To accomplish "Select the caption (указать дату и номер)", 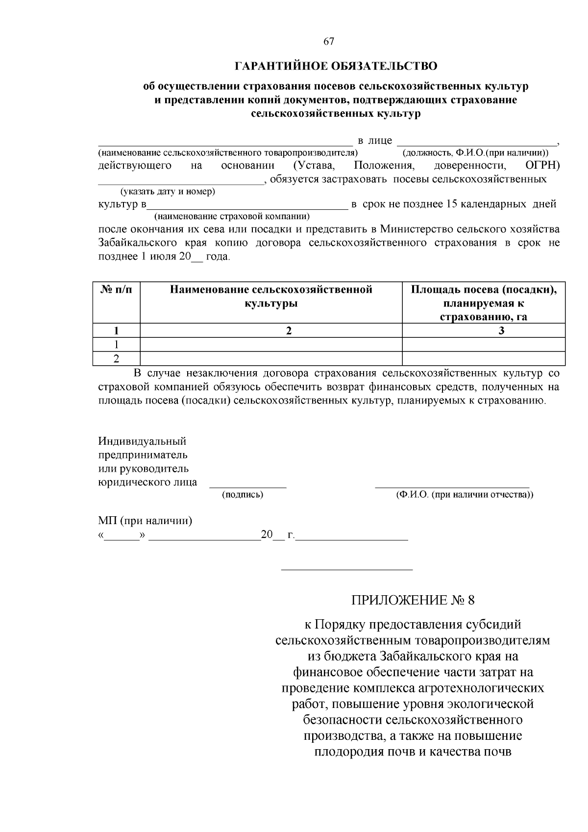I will (x=168, y=191).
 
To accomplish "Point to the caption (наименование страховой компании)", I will (x=232, y=216).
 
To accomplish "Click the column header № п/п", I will (x=116, y=290).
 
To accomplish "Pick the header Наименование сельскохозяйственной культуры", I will (x=271, y=296).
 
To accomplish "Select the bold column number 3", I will (x=501, y=330).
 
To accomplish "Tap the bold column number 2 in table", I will (x=289, y=330).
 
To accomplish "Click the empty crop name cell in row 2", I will (x=271, y=358).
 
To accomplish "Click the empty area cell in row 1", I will (x=483, y=344).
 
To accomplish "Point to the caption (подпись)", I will (x=243, y=495).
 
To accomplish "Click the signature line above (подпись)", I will (x=248, y=487).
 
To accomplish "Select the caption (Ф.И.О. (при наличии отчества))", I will (x=465, y=495).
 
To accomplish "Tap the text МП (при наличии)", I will (x=145, y=521).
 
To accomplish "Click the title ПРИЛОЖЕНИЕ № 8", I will (x=413, y=600).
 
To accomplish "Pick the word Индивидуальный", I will (x=142, y=442).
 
